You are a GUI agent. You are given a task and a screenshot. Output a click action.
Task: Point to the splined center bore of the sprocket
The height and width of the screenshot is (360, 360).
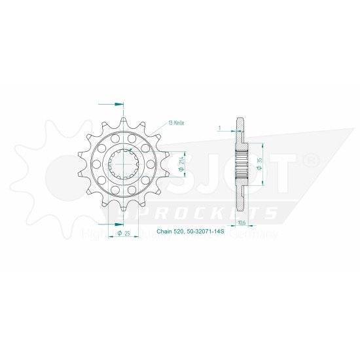[x=123, y=164]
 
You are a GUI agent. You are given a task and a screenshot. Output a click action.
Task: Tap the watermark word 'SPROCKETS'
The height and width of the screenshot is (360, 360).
[x=196, y=214]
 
